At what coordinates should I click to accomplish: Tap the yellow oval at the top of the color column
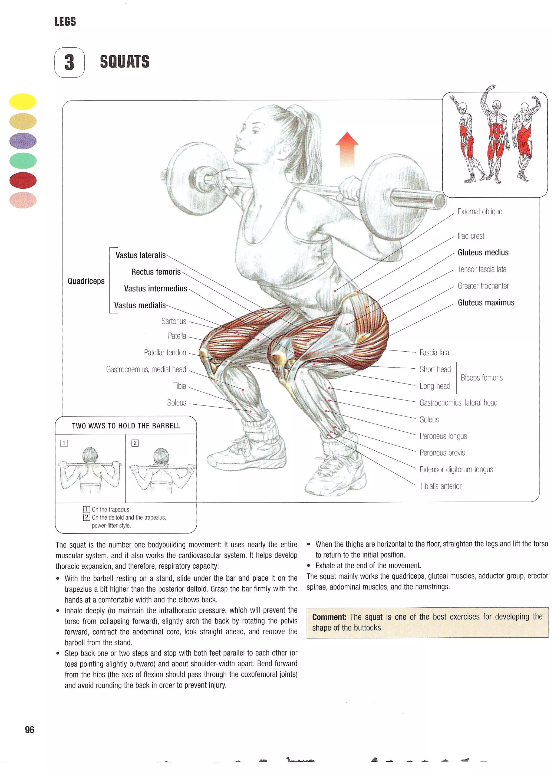click(22, 101)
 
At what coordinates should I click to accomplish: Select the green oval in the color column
click(23, 161)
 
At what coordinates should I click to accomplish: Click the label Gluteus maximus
click(486, 303)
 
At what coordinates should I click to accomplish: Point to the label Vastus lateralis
click(140, 255)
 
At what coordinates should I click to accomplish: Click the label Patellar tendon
click(165, 352)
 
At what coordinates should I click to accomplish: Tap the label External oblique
click(479, 212)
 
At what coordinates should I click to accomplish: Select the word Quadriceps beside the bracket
click(86, 281)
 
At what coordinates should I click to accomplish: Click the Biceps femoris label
click(481, 378)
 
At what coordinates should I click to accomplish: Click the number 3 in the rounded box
click(70, 62)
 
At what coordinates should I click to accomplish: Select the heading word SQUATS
click(124, 62)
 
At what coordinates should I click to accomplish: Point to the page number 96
click(30, 730)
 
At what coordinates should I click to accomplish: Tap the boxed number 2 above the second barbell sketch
click(135, 443)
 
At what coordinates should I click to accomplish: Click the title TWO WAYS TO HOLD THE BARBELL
click(126, 426)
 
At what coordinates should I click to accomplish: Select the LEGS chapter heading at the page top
click(65, 22)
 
